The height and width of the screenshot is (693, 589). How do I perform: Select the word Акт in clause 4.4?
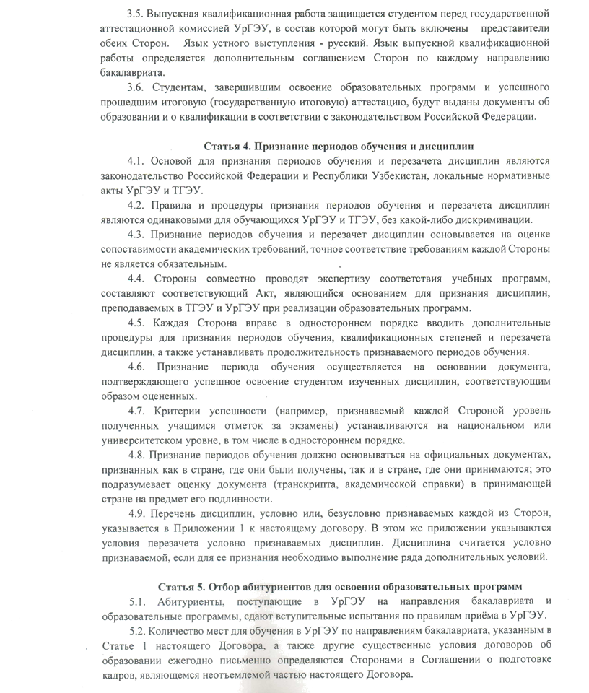(x=253, y=294)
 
